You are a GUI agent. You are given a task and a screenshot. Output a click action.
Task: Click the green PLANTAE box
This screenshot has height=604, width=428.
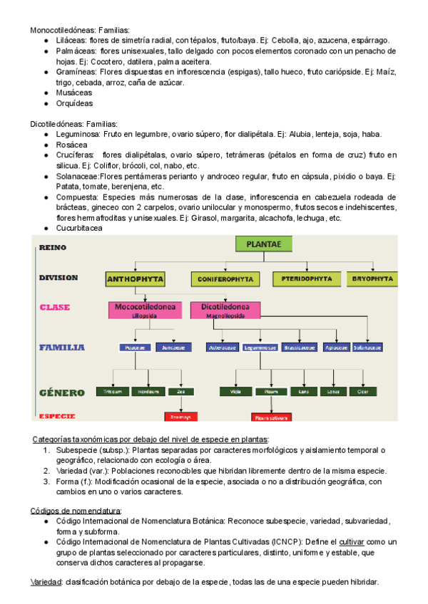(x=264, y=244)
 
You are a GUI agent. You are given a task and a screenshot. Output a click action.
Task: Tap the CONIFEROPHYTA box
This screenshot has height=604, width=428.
(x=228, y=279)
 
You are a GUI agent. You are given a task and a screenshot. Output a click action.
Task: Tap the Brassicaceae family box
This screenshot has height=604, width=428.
(x=298, y=348)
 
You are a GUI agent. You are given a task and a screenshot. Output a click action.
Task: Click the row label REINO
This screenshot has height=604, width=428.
(x=53, y=248)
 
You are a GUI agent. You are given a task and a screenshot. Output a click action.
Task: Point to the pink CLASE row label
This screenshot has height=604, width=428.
(x=55, y=308)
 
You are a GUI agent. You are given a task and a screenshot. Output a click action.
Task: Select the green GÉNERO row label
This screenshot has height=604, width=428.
(x=62, y=392)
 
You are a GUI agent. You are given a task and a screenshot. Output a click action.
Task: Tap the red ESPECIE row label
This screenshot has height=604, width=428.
(x=57, y=416)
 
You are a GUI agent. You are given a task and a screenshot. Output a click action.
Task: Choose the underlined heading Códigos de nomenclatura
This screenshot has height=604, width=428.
(x=76, y=511)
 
